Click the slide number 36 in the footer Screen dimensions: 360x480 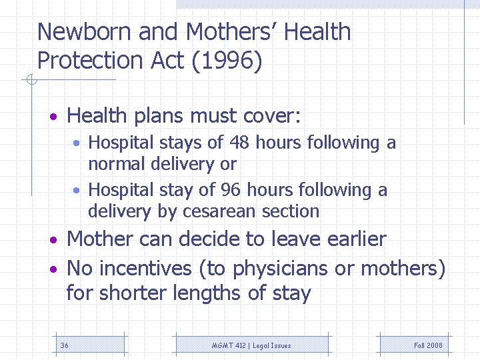pos(64,345)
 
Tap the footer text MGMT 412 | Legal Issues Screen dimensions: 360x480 pos(251,345)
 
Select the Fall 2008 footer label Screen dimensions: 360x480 pos(428,345)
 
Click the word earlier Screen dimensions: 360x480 pos(357,239)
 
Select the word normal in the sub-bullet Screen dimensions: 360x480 pos(117,163)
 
